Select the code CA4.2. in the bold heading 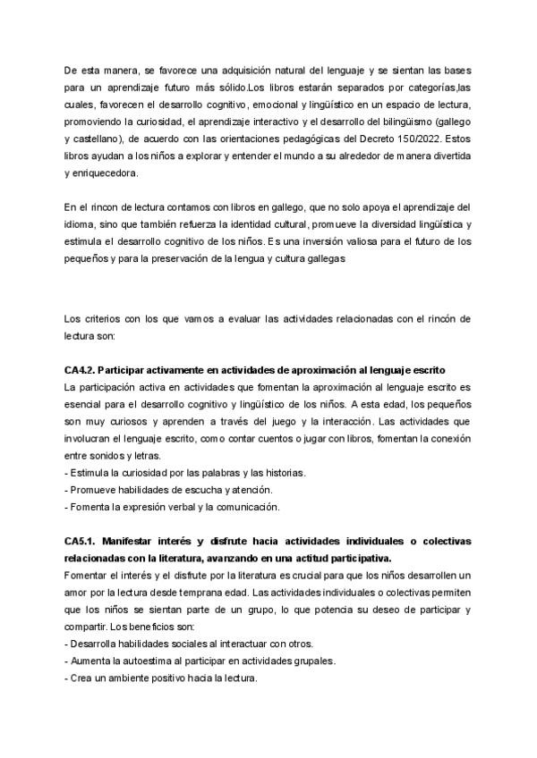pos(86,370)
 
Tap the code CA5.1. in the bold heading pos(86,542)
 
